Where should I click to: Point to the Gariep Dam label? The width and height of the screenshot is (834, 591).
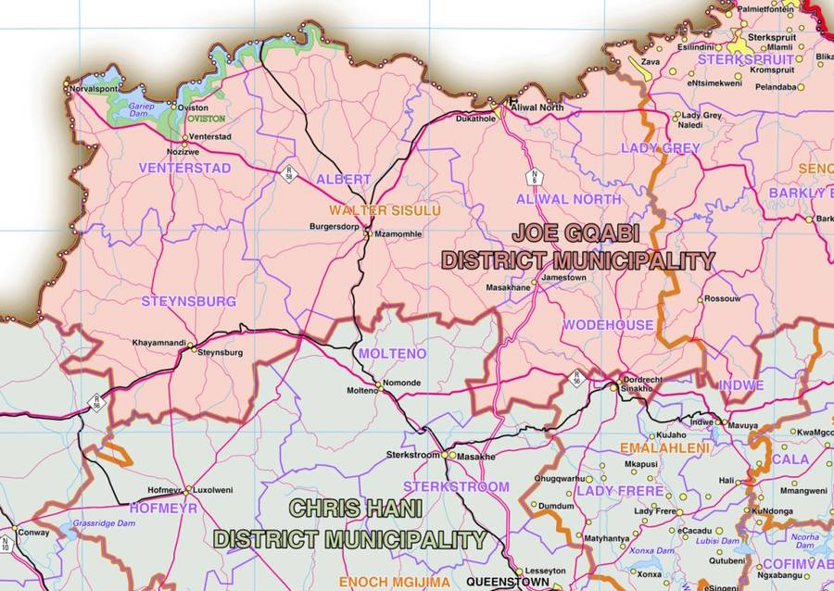coord(139,106)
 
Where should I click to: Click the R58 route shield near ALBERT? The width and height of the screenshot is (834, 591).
coord(289,173)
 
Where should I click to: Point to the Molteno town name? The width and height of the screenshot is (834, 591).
coord(362,391)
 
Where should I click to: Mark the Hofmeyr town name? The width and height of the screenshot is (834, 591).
coord(165,490)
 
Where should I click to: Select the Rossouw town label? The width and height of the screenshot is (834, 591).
coord(722,299)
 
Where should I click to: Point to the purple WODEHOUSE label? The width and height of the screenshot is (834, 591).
coord(607,325)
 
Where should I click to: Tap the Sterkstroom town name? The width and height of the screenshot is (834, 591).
coord(413,456)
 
